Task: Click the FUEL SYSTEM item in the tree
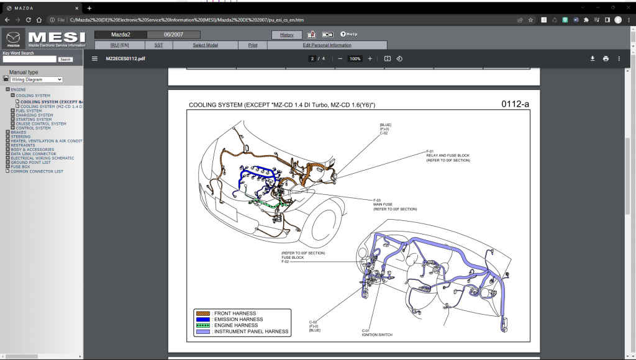pyautogui.click(x=29, y=110)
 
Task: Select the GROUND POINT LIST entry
pyautogui.click(x=30, y=163)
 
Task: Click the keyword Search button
pyautogui.click(x=65, y=60)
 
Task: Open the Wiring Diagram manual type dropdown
pyautogui.click(x=37, y=79)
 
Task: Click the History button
pyautogui.click(x=286, y=35)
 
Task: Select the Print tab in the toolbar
pyautogui.click(x=253, y=45)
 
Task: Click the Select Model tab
pyautogui.click(x=205, y=45)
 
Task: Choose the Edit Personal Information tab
pyautogui.click(x=327, y=45)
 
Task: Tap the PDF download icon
pyautogui.click(x=592, y=58)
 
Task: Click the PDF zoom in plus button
pyautogui.click(x=370, y=58)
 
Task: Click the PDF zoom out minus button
pyautogui.click(x=340, y=58)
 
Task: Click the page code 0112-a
pyautogui.click(x=515, y=104)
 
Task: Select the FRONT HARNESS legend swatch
pyautogui.click(x=202, y=313)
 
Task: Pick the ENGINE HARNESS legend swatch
pyautogui.click(x=202, y=325)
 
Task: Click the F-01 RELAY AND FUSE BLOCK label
pyautogui.click(x=448, y=156)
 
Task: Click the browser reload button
pyautogui.click(x=29, y=20)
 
